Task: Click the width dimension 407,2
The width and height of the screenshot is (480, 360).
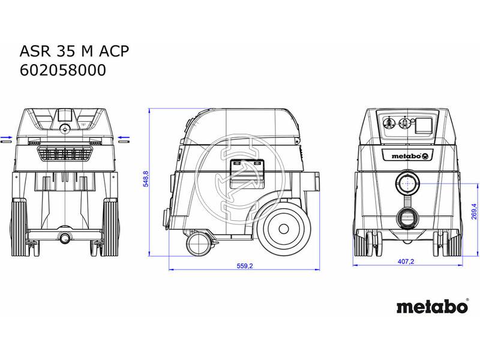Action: click(407, 262)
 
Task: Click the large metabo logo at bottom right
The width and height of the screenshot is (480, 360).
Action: click(431, 307)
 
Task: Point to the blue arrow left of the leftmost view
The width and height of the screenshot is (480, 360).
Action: click(5, 139)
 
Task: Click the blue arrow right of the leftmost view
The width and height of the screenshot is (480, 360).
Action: click(123, 139)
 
